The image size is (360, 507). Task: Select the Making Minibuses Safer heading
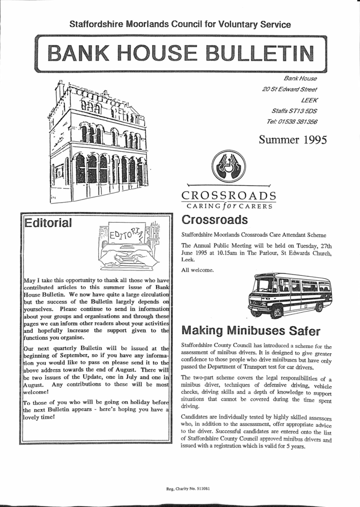(251, 330)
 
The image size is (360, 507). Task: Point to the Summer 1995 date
(293, 139)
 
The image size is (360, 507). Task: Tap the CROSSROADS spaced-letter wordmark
(229, 195)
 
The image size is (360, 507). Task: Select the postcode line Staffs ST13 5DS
(294, 110)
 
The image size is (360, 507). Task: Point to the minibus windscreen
(265, 286)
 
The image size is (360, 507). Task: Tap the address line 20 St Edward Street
(289, 89)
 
